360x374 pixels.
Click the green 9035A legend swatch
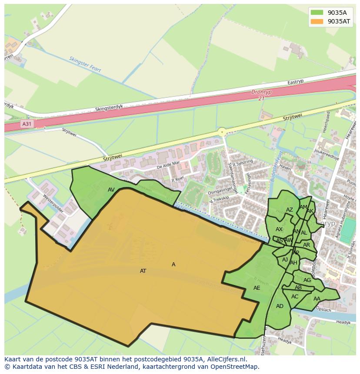pos(317,13)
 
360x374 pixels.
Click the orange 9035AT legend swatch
pos(317,21)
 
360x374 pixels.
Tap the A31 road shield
pos(27,124)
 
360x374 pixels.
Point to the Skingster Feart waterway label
pos(85,64)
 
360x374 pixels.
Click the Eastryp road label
pos(295,82)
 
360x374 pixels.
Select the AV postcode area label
pos(111,190)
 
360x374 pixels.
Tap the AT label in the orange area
pos(143,271)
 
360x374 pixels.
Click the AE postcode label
pos(257,288)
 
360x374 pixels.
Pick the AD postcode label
pos(280,306)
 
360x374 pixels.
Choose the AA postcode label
pos(317,299)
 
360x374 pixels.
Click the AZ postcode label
pos(290,210)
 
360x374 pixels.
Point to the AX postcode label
pos(279,229)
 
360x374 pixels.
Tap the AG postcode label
pos(307,280)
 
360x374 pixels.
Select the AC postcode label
pos(295,297)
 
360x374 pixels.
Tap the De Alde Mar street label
pos(168,165)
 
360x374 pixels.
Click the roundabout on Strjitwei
pos(222,132)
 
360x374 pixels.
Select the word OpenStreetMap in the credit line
pos(237,367)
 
